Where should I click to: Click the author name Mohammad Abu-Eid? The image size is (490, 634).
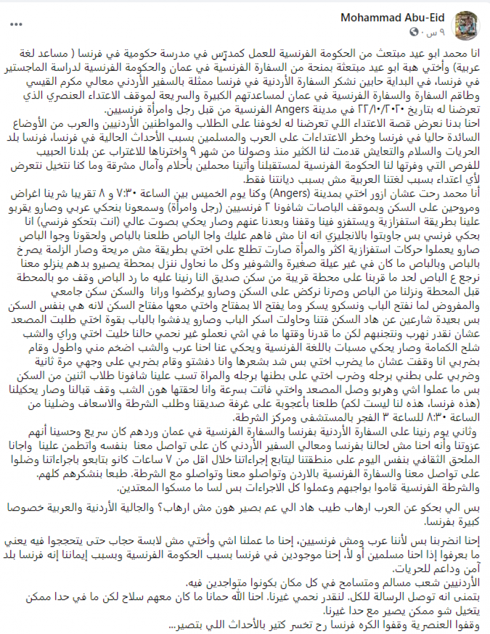(404, 18)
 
